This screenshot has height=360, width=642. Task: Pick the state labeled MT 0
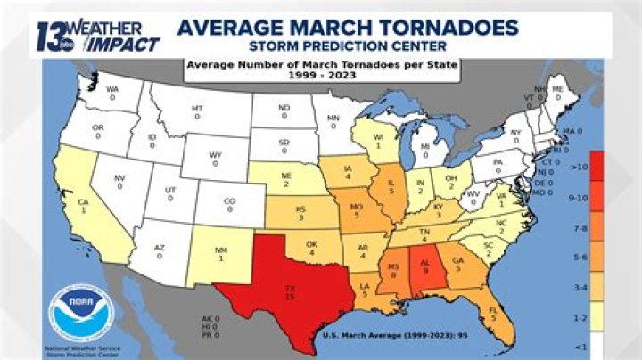tap(197, 111)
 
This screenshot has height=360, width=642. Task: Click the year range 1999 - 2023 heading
tap(320, 76)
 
